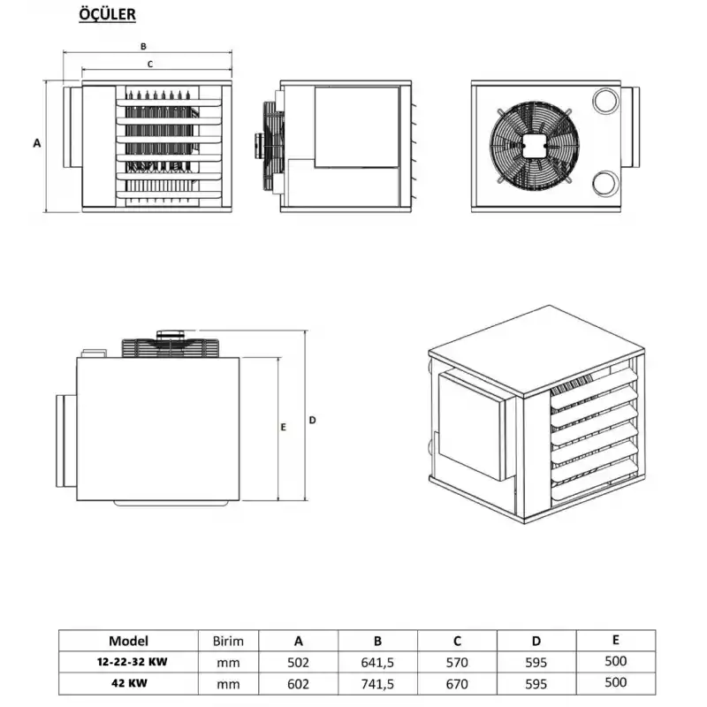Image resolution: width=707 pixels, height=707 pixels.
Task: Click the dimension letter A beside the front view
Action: coord(36,142)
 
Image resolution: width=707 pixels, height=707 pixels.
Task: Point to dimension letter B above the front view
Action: coord(142,45)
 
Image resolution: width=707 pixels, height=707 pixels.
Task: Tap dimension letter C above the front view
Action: coord(150,64)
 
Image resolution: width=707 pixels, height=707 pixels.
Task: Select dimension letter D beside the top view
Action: coord(312,420)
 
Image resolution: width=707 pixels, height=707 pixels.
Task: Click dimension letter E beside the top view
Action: coord(283,428)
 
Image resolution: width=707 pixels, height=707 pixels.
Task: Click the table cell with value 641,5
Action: coord(377,662)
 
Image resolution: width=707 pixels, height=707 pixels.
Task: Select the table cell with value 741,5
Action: coord(377,683)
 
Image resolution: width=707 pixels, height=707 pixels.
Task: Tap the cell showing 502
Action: coord(298,662)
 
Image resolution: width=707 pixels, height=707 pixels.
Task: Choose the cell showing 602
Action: coord(298,683)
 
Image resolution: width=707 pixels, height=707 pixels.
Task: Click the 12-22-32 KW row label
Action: coord(129,662)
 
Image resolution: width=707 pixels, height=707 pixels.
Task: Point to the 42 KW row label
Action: coord(129,683)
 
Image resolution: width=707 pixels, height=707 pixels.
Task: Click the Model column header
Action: coord(129,641)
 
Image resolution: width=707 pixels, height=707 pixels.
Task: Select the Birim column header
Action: coord(228,641)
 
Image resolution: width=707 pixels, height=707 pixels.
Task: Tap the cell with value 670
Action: coord(457,683)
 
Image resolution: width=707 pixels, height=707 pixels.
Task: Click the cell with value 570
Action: coord(457,662)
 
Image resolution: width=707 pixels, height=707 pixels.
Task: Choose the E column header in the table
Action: coord(616,640)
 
